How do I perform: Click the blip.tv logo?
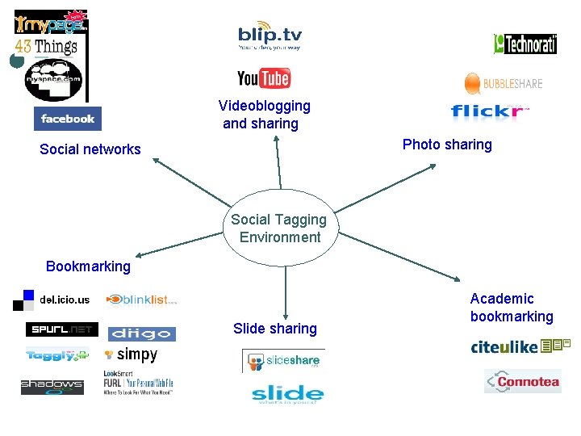[x=270, y=37]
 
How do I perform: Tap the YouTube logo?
[x=263, y=78]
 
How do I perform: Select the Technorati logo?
[x=525, y=44]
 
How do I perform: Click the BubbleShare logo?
[x=503, y=83]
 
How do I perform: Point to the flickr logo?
[x=489, y=112]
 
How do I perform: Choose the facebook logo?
[x=68, y=119]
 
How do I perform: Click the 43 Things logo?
[x=46, y=47]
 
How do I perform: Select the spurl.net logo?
[x=61, y=329]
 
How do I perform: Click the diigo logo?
[x=141, y=333]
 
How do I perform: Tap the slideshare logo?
[x=283, y=361]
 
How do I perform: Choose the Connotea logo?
[x=522, y=381]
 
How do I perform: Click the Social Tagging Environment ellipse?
[x=278, y=228]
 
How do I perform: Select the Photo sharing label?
[x=447, y=145]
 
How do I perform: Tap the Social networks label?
[x=90, y=149]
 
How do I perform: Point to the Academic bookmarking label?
[x=512, y=308]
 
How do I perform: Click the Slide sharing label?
[x=275, y=329]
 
